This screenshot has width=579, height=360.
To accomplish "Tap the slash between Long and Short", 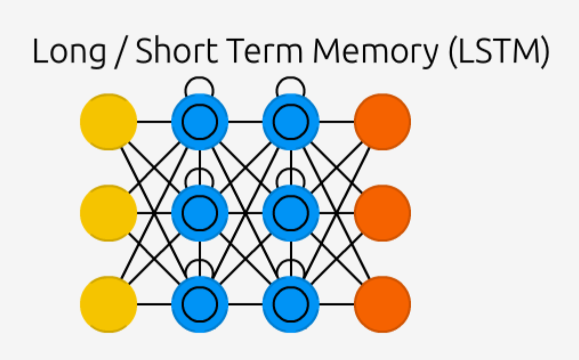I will [117, 52].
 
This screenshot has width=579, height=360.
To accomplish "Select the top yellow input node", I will [109, 122].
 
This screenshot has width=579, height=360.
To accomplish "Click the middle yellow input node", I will [109, 213].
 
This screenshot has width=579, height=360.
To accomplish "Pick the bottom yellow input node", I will [109, 304].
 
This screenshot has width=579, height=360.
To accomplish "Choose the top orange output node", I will [382, 122].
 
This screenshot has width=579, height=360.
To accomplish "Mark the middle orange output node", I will [382, 213].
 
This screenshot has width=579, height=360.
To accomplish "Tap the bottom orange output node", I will [382, 304].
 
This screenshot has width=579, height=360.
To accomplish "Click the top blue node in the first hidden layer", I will [200, 122].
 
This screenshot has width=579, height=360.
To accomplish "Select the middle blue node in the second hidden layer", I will [291, 213].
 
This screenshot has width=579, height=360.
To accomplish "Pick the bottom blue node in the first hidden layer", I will [200, 304].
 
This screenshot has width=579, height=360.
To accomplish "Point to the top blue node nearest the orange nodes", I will [291, 122].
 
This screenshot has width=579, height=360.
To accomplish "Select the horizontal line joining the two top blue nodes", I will [246, 122].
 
